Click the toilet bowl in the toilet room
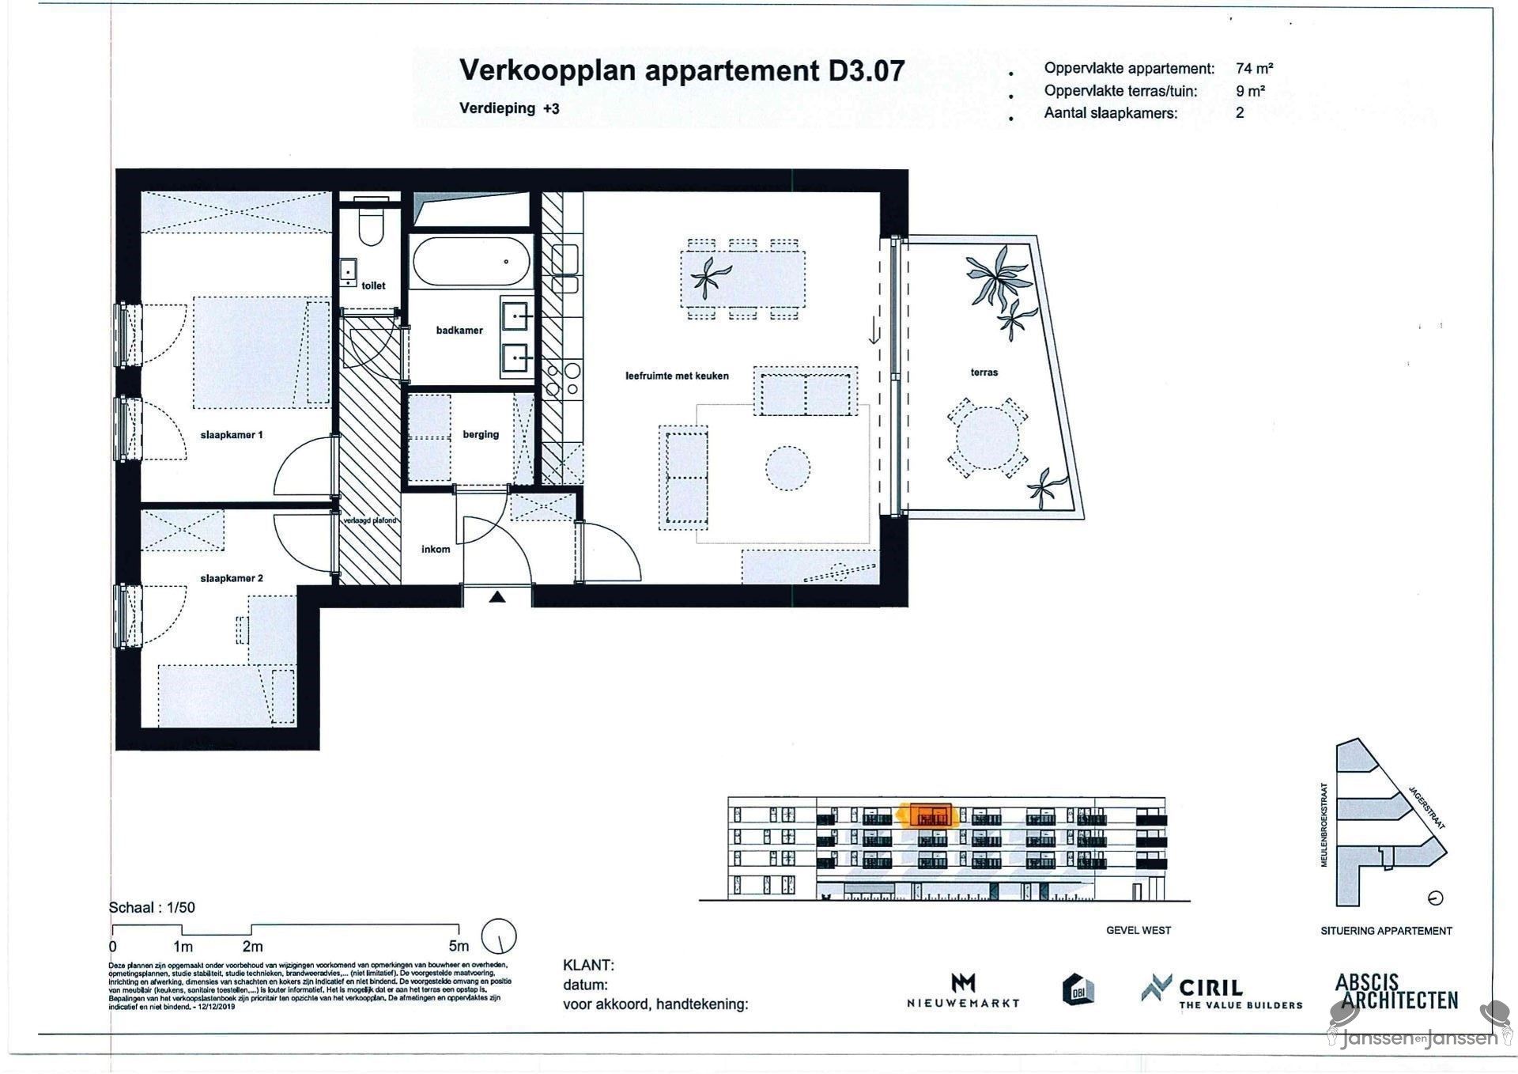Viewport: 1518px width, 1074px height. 370,227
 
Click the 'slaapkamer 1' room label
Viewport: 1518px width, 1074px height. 232,435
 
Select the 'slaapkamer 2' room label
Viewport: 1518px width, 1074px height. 232,578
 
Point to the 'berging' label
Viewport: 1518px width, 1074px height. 481,434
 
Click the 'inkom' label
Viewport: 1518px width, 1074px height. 436,549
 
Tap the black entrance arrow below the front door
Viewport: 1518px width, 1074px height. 497,597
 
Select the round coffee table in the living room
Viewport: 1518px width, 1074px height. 787,467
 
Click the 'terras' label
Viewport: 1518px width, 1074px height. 984,372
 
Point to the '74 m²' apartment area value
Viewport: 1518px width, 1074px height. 1255,69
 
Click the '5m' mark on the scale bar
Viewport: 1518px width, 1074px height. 459,946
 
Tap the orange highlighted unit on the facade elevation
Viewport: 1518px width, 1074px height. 931,815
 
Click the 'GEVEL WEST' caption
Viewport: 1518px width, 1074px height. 1138,930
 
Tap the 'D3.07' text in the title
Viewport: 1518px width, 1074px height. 866,71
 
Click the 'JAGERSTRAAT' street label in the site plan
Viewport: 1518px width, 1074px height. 1426,807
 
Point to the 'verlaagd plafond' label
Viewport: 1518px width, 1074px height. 369,520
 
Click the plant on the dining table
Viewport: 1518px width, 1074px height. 710,278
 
